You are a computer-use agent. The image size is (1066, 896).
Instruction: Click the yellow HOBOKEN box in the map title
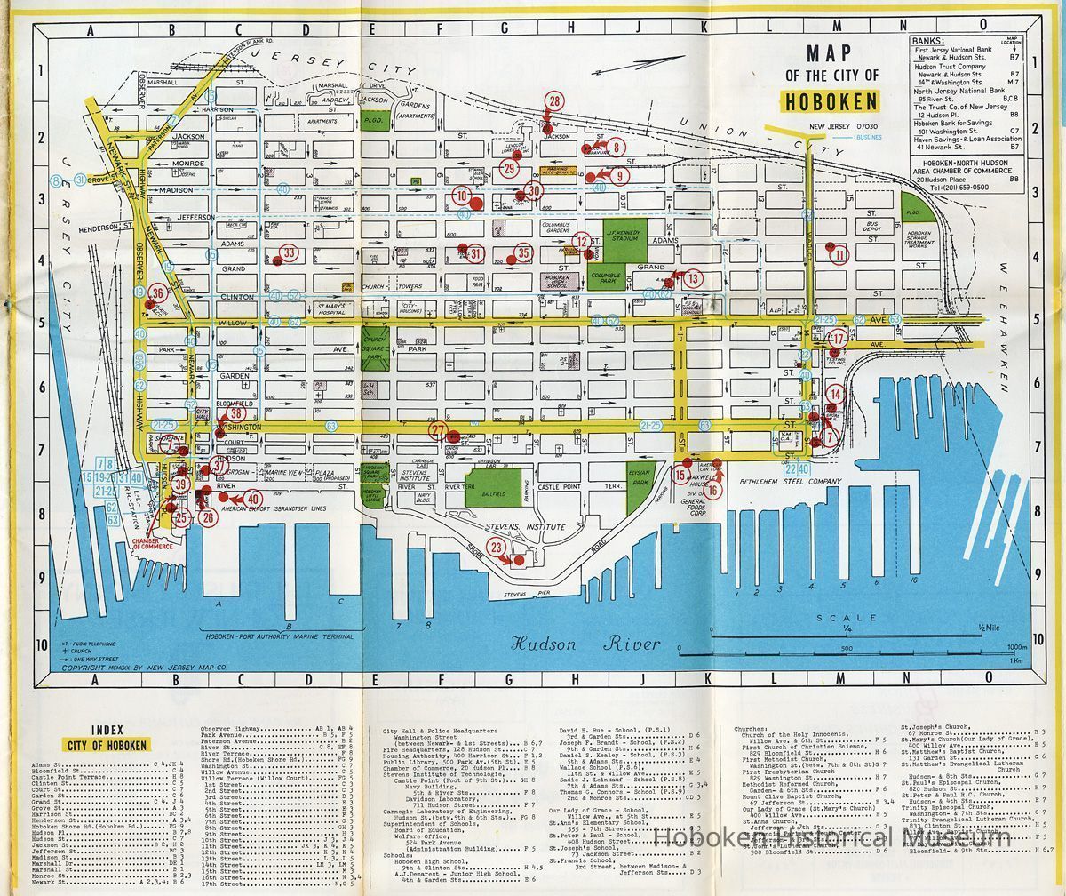coord(831,100)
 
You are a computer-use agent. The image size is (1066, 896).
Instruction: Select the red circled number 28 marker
coord(555,101)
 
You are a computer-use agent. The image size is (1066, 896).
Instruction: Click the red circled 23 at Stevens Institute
coord(497,548)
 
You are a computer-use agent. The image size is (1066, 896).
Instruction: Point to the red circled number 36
coord(157,293)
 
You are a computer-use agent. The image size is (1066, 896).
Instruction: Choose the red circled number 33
coord(290,254)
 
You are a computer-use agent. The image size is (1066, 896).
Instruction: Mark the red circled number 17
coord(837,339)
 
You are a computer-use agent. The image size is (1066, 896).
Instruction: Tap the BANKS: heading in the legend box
coord(927,40)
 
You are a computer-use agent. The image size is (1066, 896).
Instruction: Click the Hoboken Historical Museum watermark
coord(832,837)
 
